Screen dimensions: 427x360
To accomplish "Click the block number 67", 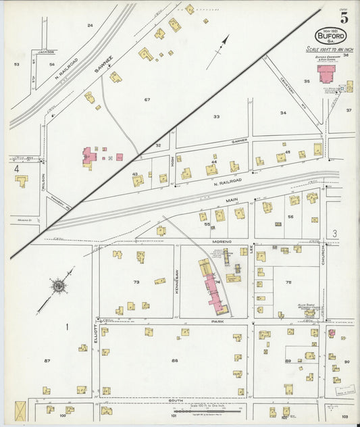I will tap(146, 99).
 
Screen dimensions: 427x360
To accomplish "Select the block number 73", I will tap(136, 282).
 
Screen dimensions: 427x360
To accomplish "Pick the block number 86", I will tap(175, 360).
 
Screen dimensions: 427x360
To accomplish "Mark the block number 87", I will tap(47, 361).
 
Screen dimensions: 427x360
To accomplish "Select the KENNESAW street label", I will tap(176, 280).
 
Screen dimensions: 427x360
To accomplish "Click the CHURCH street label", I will tap(324, 254).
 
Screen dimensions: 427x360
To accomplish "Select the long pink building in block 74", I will tap(213, 287).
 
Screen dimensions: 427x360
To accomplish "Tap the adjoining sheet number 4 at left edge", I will tap(16, 168).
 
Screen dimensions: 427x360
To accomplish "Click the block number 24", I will tap(90, 25).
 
